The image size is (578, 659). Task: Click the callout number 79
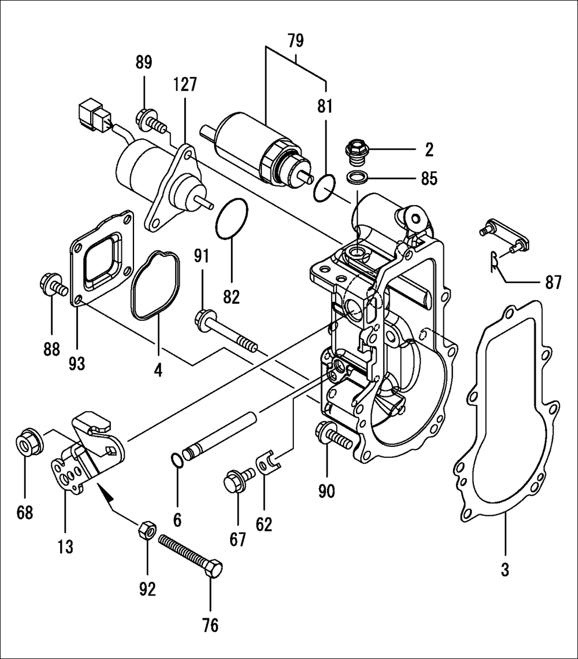tap(295, 41)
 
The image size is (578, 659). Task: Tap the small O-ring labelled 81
tap(324, 189)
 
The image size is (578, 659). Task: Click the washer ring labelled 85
tap(356, 178)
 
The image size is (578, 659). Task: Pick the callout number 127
tap(185, 84)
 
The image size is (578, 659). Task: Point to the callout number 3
tap(504, 569)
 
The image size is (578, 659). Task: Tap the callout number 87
tap(553, 282)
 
